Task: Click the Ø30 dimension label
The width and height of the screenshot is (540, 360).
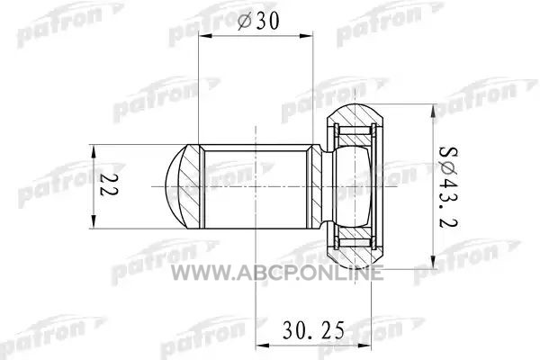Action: pyautogui.click(x=258, y=21)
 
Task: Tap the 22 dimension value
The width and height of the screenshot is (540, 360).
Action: pyautogui.click(x=109, y=184)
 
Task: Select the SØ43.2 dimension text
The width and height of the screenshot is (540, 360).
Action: pyautogui.click(x=448, y=186)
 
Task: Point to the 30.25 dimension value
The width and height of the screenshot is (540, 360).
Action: pyautogui.click(x=313, y=329)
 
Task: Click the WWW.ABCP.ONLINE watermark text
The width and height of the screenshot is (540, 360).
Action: pyautogui.click(x=277, y=273)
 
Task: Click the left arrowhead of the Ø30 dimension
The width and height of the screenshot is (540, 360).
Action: pyautogui.click(x=205, y=35)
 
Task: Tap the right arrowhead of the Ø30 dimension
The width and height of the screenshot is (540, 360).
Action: pyautogui.click(x=306, y=35)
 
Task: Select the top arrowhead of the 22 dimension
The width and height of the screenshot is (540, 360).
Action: pyautogui.click(x=93, y=151)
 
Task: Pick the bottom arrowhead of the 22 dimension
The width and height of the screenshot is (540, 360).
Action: pyautogui.click(x=93, y=222)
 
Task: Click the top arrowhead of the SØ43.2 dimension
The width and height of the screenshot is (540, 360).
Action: pyautogui.click(x=433, y=110)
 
